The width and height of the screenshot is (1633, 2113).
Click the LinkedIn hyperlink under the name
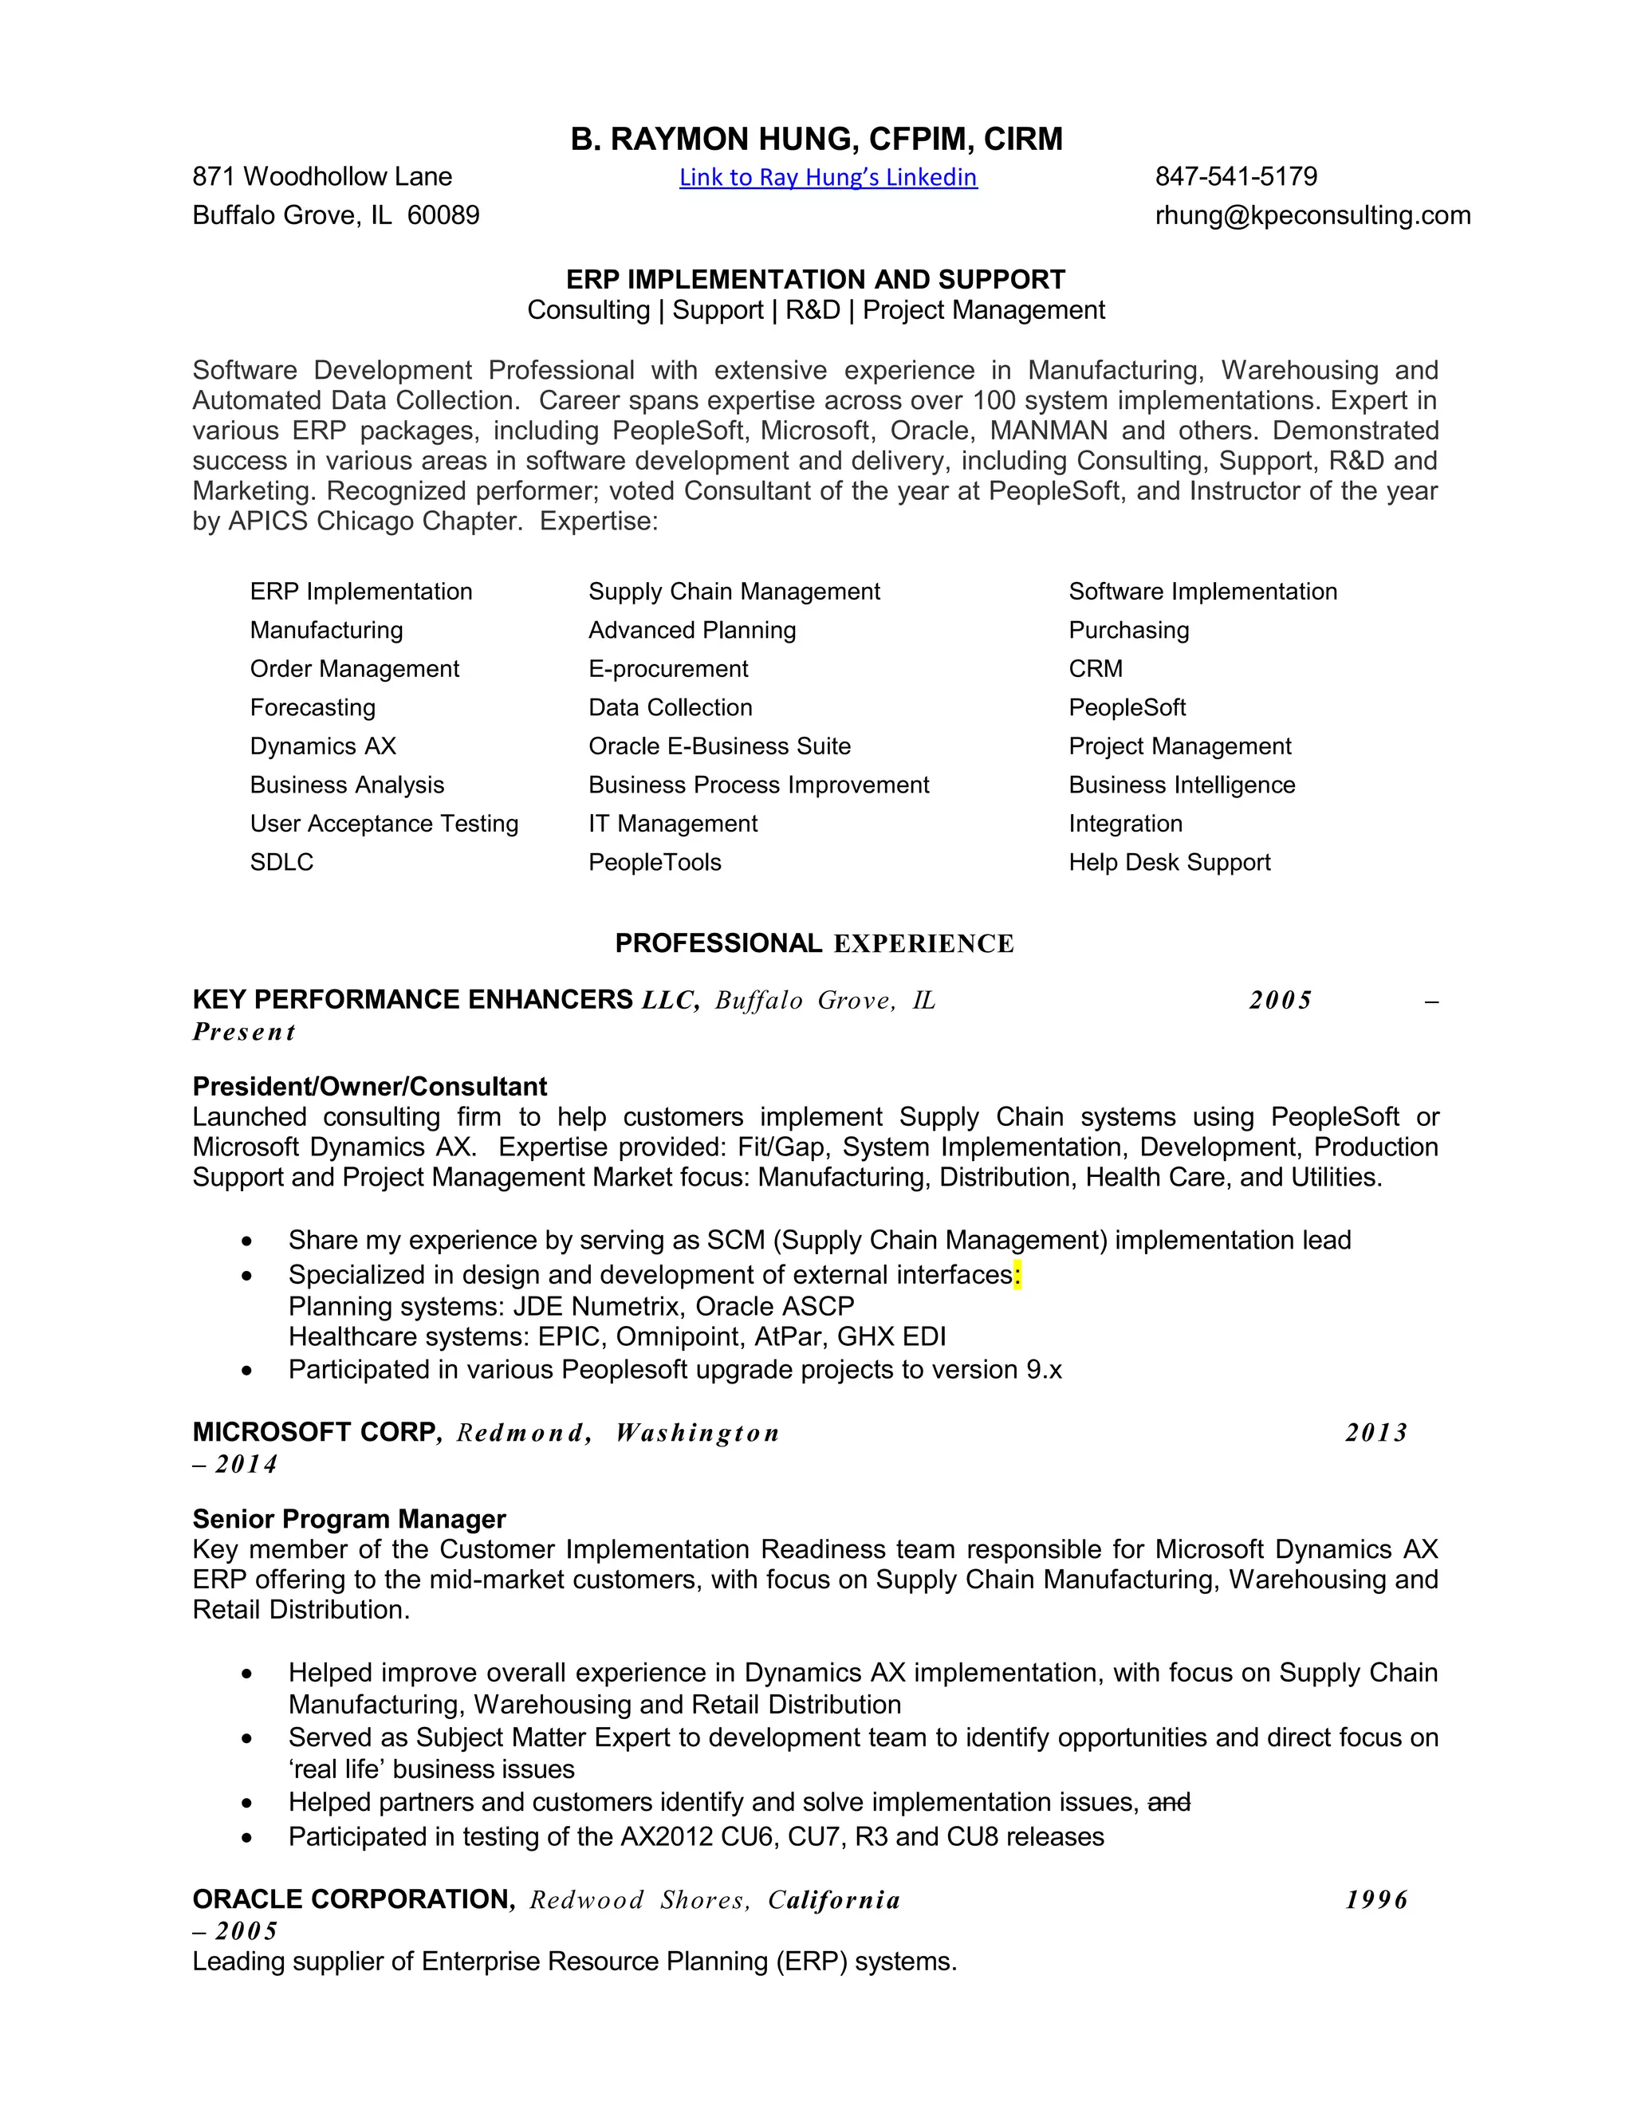[x=828, y=177]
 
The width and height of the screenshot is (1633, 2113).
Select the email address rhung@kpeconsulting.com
[x=1312, y=214]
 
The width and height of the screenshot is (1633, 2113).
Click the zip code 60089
[x=443, y=214]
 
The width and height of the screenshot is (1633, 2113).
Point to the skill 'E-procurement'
[x=667, y=668]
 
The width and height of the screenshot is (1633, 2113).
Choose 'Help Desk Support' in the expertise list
[x=1169, y=862]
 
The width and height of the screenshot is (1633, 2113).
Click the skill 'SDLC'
[x=281, y=862]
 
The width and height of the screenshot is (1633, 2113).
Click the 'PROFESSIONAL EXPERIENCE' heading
[x=815, y=943]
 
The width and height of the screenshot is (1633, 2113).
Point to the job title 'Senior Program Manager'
[x=349, y=1519]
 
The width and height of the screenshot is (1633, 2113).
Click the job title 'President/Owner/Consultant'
[x=369, y=1087]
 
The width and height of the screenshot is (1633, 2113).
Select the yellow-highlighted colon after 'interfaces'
[x=1017, y=1275]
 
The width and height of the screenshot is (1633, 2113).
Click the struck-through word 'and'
[x=1169, y=1803]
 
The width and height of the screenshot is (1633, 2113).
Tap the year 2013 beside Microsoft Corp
[x=1375, y=1433]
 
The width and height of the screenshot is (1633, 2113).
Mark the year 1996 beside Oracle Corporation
[x=1375, y=1900]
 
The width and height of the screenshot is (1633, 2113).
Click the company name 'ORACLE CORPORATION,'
[x=354, y=1899]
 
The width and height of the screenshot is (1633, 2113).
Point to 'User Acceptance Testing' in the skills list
[x=384, y=824]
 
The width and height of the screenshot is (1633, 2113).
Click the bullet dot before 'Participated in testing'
[x=248, y=1837]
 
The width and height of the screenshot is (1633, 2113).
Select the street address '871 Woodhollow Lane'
[x=322, y=176]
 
